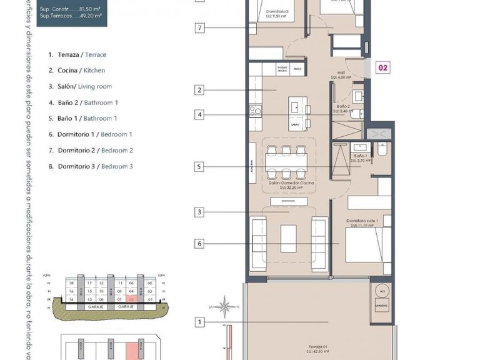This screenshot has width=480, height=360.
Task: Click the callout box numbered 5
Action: click(199, 167)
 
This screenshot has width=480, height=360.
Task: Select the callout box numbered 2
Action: click(199, 91)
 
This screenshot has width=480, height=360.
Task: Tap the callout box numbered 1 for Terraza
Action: click(199, 322)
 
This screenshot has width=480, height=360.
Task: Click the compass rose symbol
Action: click(227, 307)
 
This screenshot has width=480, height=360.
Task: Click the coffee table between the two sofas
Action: click(288, 237)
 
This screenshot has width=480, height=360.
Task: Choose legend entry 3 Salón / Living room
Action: click(80, 86)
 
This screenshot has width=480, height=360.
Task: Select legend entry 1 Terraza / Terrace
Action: click(77, 54)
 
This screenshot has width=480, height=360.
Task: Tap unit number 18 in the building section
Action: click(72, 283)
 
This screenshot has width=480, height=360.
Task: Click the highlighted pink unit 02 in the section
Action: click(131, 299)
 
